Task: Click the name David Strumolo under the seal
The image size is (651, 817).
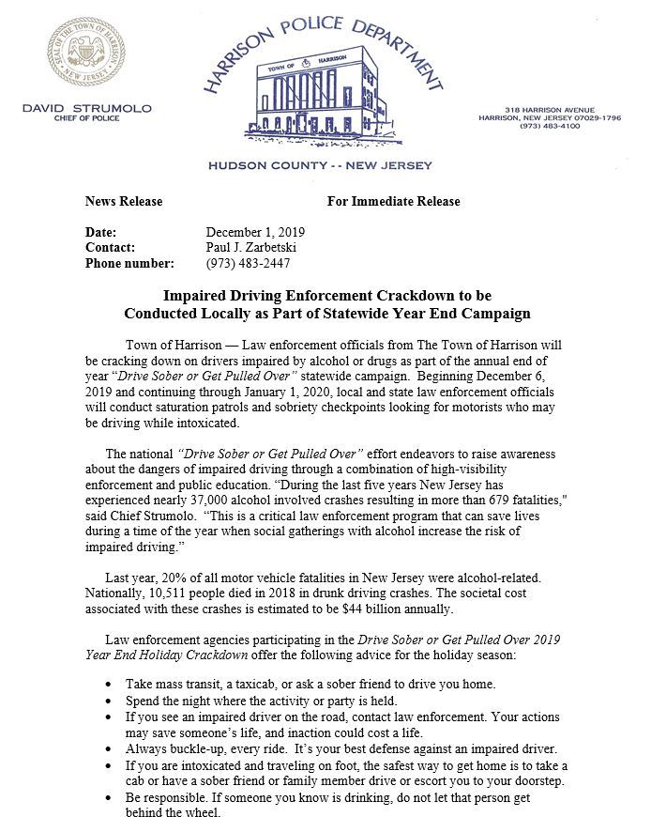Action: coord(86,109)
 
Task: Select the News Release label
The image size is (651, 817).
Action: coord(123,201)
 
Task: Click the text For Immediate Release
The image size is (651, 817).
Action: coord(393,201)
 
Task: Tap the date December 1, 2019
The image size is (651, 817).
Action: coord(255,232)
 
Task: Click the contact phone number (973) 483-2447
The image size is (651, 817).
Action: coord(248,263)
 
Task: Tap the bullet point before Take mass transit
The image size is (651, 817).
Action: coord(114,683)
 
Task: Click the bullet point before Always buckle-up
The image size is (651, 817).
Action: coord(114,748)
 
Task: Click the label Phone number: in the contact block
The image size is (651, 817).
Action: coord(129,263)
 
